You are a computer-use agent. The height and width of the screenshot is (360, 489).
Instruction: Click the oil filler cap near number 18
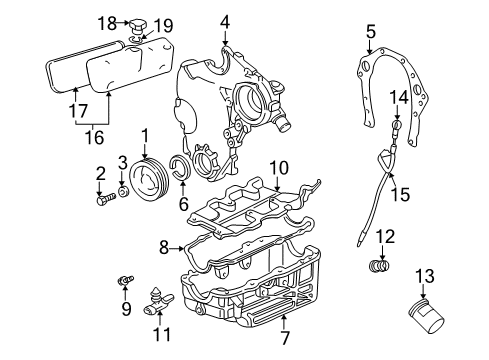click(x=137, y=26)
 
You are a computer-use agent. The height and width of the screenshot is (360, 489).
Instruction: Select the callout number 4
click(x=225, y=22)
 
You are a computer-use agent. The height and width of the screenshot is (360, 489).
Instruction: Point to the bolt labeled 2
click(x=106, y=200)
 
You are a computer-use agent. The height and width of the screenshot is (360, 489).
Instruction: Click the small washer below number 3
click(x=124, y=192)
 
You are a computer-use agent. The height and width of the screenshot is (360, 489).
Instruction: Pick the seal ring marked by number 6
click(x=181, y=166)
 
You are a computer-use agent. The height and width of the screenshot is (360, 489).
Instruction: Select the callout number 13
click(x=425, y=276)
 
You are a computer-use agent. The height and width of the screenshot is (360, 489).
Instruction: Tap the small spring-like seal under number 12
click(x=379, y=266)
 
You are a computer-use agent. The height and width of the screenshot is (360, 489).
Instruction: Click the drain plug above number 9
click(x=126, y=280)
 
